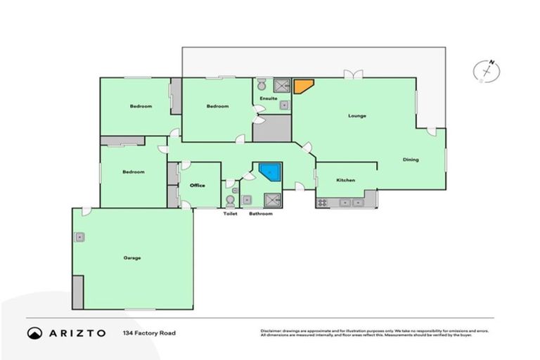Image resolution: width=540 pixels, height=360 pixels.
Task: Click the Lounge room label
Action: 357,115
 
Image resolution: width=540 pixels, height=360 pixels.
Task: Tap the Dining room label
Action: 411,160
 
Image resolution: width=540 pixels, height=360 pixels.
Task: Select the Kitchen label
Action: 345,181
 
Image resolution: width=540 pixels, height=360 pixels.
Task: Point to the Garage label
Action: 132,258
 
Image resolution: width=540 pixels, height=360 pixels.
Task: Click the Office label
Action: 197,185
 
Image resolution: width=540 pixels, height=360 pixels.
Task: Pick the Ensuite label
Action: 268,98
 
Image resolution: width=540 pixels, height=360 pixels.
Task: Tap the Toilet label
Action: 229,213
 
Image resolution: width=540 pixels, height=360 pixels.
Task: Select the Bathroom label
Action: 260,213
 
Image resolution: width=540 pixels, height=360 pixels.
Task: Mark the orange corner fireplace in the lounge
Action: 303,86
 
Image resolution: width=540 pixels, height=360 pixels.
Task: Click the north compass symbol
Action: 487,71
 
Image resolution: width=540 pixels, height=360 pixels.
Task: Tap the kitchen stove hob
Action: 322,202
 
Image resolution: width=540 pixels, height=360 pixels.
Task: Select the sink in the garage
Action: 81,237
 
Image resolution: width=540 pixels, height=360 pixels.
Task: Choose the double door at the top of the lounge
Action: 352,74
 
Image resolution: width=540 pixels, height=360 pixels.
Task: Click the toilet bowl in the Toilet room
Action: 230,200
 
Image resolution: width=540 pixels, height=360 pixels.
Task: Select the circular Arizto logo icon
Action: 34,332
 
